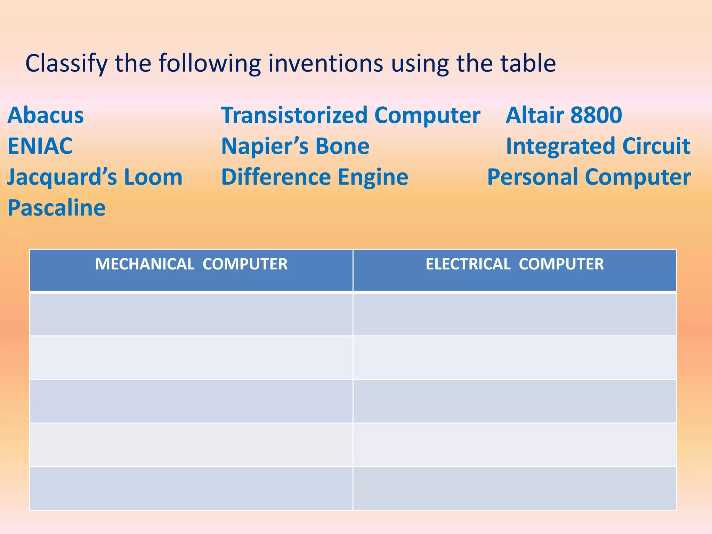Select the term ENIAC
[x=40, y=146]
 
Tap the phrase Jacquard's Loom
[x=95, y=177]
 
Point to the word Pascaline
[x=56, y=208]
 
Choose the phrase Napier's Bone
[x=295, y=146]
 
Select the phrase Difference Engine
[x=315, y=177]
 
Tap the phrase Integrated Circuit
[x=598, y=146]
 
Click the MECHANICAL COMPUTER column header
[x=191, y=265]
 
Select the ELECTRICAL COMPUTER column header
[x=515, y=265]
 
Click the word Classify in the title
[x=66, y=64]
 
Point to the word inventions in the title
[x=325, y=64]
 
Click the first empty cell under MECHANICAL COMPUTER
[x=191, y=314]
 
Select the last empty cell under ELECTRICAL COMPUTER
[x=515, y=488]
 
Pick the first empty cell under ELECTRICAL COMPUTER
[x=515, y=314]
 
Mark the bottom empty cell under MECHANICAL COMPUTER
[x=191, y=488]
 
